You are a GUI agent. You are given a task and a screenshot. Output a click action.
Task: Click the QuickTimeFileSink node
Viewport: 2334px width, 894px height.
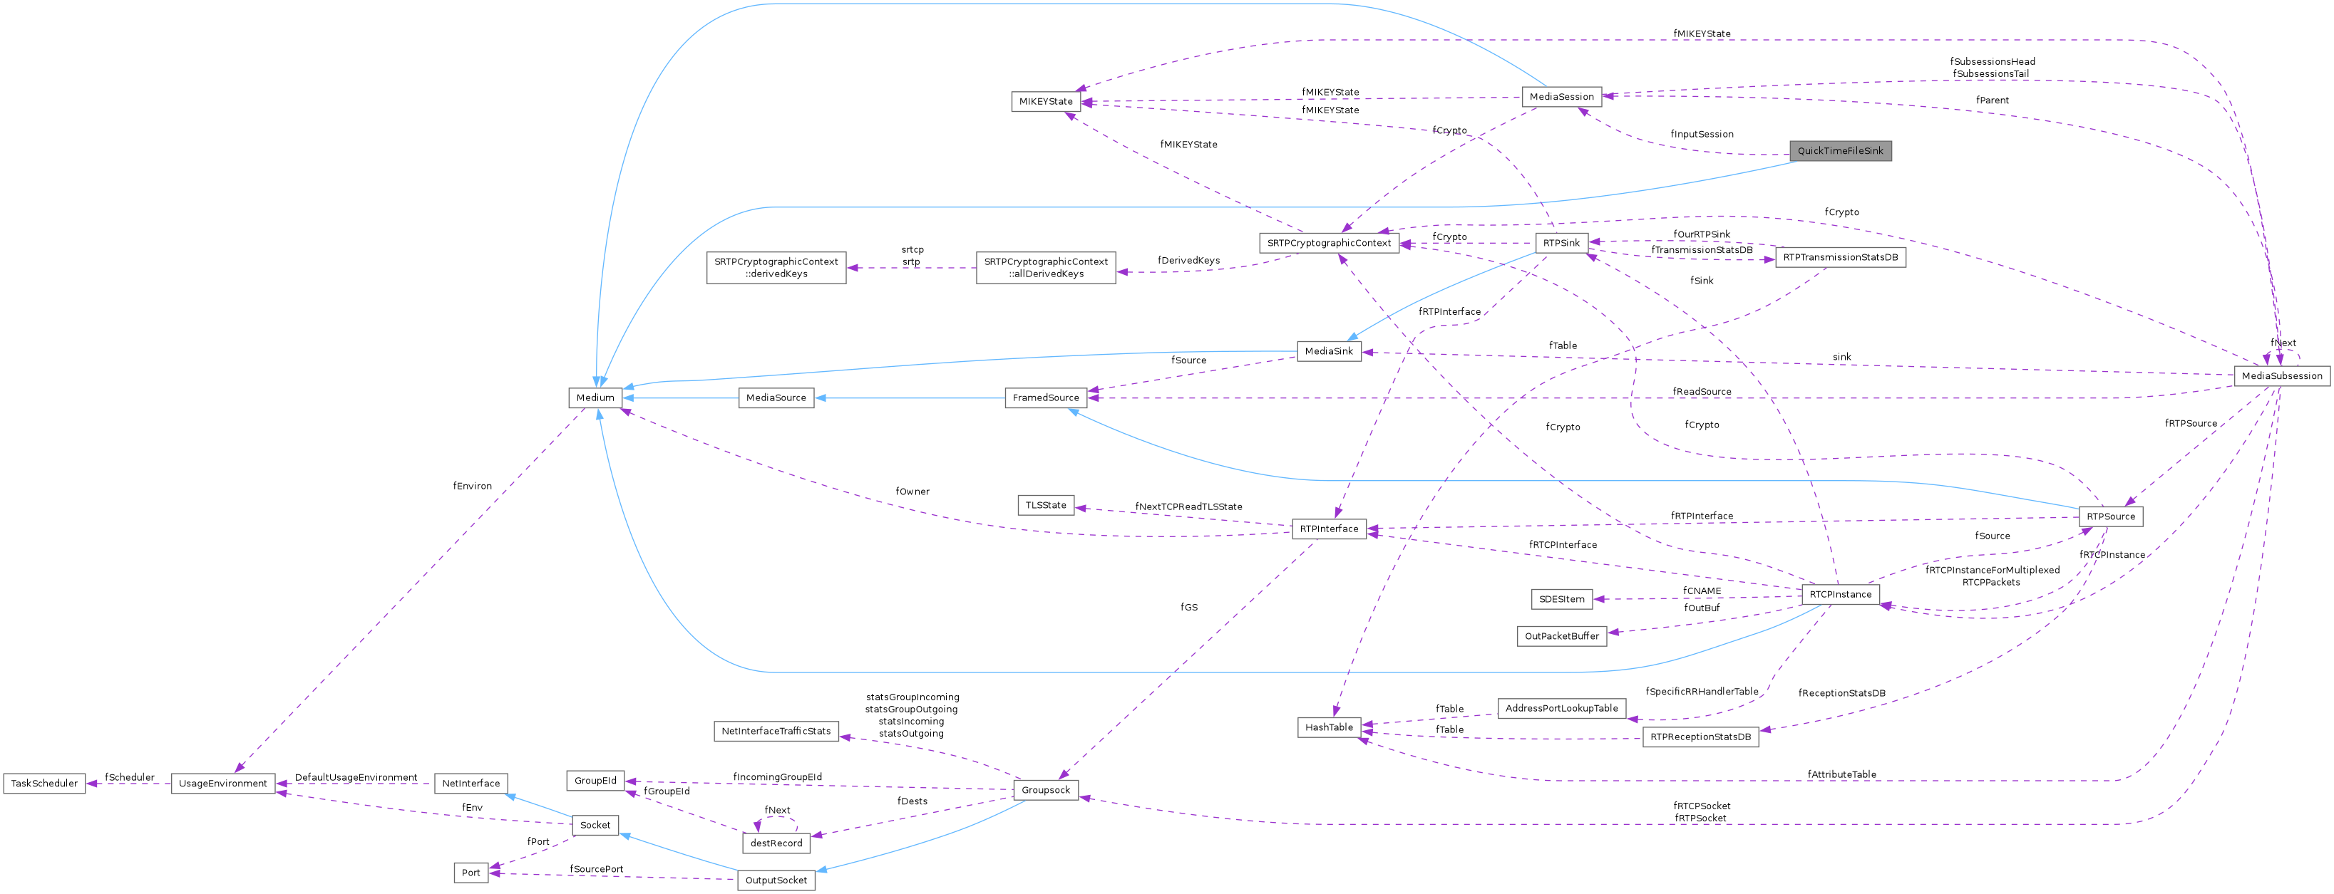(1839, 151)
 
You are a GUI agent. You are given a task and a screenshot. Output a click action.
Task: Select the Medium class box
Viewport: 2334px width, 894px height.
(595, 397)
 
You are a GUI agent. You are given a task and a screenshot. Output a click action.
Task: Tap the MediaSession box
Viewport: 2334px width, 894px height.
(1561, 97)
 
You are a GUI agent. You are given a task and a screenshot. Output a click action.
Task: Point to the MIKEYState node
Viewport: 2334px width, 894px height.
(1046, 101)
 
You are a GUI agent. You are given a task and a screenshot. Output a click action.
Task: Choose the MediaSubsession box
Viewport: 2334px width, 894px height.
(2281, 376)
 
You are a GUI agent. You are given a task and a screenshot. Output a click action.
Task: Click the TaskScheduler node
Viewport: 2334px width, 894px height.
(44, 784)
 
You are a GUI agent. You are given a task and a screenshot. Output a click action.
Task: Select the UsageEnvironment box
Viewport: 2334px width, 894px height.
(223, 784)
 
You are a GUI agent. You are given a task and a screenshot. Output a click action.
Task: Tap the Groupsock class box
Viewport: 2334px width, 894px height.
(1046, 790)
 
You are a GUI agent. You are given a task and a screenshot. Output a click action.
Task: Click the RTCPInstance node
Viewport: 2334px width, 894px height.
(1839, 595)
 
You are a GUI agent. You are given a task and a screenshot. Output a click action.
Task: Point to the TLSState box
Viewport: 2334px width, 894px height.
(1046, 506)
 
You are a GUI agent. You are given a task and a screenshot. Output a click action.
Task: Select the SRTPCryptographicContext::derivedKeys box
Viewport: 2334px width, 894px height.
(776, 268)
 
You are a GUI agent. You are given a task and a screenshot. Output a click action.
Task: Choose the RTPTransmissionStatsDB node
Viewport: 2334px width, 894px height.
(1839, 258)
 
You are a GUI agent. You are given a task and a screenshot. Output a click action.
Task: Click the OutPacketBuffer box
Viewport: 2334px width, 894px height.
(1561, 637)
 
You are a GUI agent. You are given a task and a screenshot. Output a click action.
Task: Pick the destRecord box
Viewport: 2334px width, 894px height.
(776, 843)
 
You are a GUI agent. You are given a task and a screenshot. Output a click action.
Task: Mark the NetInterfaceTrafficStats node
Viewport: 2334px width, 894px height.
(776, 732)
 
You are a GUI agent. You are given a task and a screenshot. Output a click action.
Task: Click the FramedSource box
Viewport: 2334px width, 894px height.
(1046, 397)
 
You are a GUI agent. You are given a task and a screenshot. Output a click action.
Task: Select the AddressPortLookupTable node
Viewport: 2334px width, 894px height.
(1561, 708)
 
